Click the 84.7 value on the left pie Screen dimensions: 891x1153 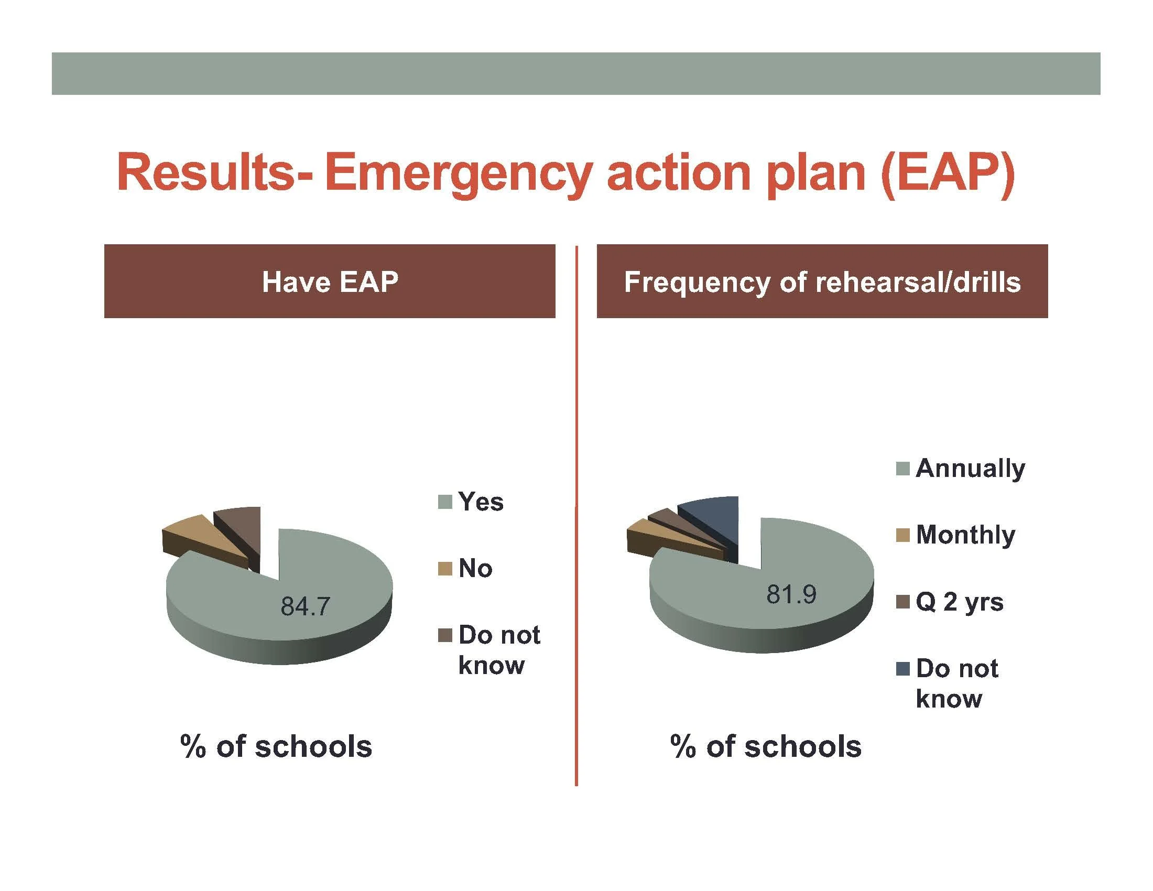point(305,606)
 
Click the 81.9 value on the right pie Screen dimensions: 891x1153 point(791,595)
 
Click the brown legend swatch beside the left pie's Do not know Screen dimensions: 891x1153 point(445,636)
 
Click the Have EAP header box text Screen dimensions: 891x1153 point(330,281)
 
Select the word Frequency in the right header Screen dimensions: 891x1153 point(697,282)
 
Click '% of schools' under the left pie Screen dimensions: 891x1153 point(276,746)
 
